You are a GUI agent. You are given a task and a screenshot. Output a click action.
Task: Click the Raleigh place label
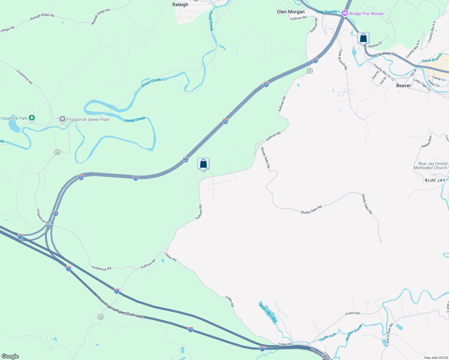(180, 4)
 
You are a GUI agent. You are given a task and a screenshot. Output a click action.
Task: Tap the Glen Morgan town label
(291, 12)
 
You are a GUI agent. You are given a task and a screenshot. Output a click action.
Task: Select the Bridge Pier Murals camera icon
(345, 13)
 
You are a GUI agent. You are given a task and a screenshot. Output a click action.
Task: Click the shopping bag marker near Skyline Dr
(363, 38)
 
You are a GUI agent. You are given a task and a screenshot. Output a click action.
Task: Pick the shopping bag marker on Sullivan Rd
(203, 164)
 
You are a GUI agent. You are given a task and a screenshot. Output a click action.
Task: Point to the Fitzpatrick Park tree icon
(32, 118)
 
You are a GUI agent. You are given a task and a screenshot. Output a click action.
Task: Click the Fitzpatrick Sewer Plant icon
(62, 119)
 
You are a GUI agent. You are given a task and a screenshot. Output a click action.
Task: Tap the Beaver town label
(403, 85)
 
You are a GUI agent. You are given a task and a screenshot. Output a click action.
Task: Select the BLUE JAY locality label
(435, 180)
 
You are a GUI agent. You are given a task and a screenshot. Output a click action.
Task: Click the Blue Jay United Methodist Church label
(430, 166)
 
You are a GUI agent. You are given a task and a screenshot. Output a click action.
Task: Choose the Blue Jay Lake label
(268, 312)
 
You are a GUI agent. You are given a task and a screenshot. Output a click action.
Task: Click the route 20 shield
(57, 152)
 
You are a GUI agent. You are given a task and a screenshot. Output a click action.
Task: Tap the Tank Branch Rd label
(343, 59)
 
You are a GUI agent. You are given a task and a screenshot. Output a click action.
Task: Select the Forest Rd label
(352, 313)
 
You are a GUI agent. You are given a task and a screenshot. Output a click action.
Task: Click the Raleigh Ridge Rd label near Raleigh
(101, 16)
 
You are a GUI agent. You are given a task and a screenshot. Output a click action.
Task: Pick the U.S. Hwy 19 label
(385, 54)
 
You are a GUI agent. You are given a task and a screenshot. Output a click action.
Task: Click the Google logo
(10, 356)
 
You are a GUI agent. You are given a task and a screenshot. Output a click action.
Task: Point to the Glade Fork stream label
(328, 337)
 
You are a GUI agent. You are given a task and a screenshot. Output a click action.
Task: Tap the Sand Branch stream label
(432, 58)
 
